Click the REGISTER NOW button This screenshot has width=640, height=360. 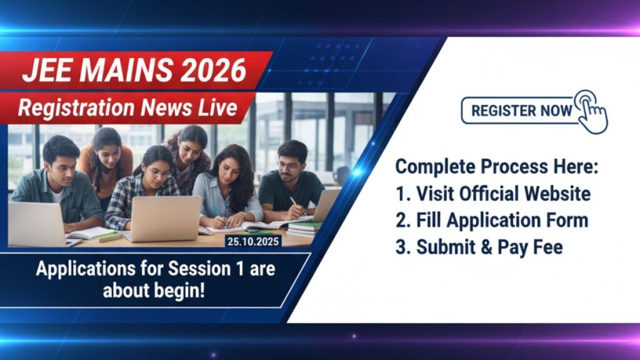(521, 111)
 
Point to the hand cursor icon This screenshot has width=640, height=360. (590, 111)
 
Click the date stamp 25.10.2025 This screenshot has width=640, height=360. (254, 241)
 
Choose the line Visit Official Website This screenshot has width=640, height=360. (493, 194)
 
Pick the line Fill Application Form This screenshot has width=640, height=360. (492, 220)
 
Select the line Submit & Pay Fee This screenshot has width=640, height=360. (479, 247)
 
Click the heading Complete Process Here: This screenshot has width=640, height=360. (497, 167)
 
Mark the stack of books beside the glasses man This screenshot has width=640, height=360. (304, 229)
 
